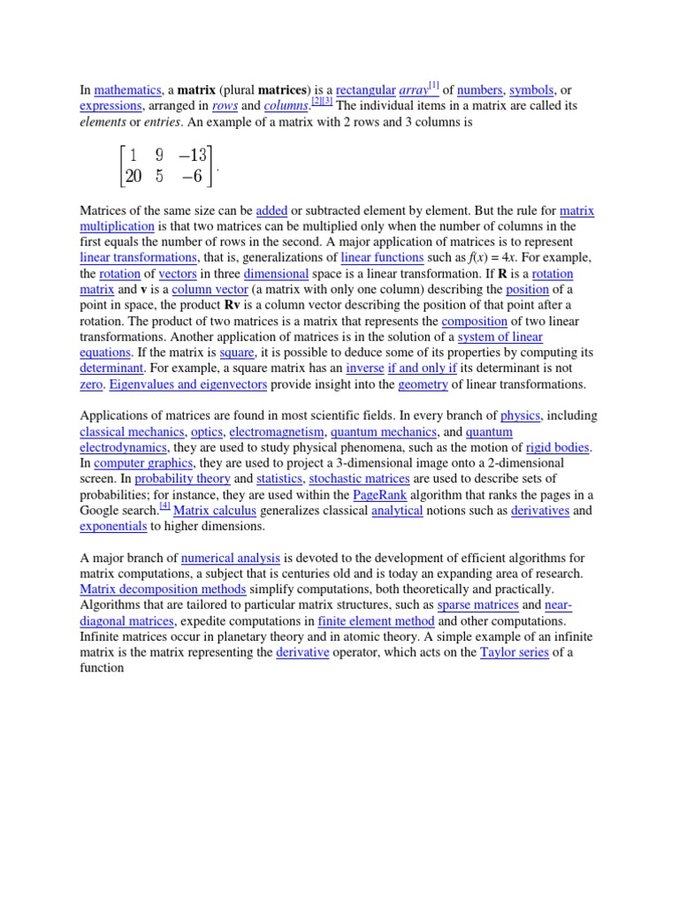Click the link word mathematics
[x=127, y=90]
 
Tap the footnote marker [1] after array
[x=434, y=85]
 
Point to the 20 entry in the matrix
[x=134, y=176]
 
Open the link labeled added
[x=272, y=211]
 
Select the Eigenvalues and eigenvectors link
[x=187, y=384]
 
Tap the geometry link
[x=423, y=384]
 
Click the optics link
[x=208, y=432]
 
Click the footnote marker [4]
[x=164, y=506]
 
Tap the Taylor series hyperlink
[x=509, y=653]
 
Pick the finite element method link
[x=376, y=621]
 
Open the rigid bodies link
[x=557, y=447]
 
